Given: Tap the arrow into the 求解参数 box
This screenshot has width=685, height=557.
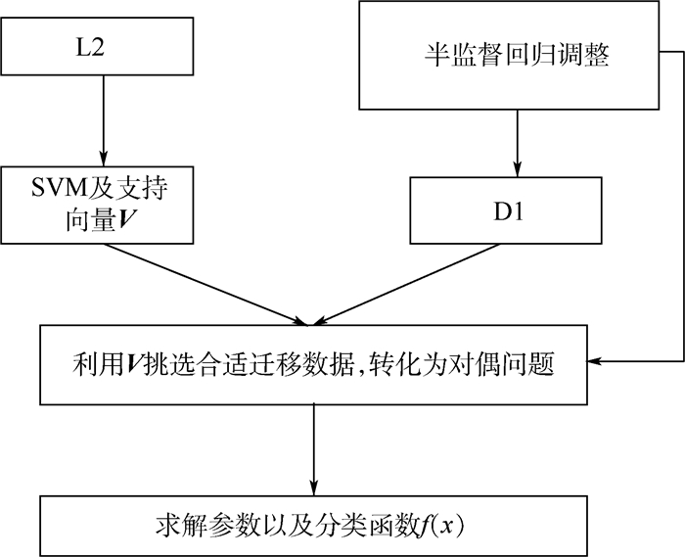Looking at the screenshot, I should [x=313, y=450].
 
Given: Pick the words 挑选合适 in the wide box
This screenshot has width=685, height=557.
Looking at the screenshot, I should [x=202, y=365].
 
